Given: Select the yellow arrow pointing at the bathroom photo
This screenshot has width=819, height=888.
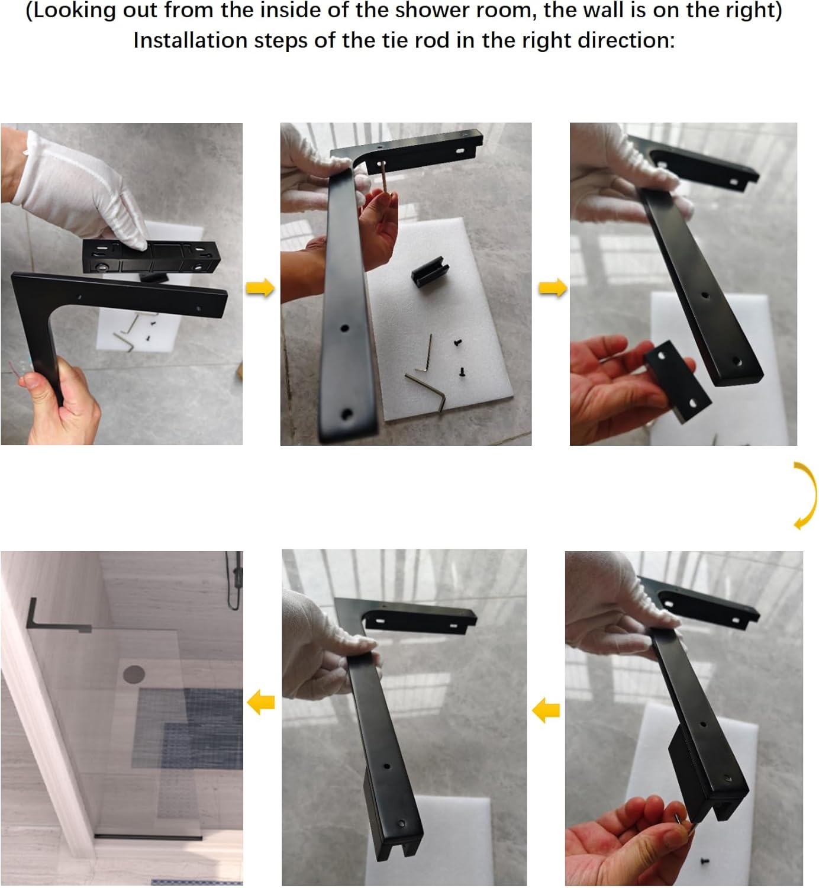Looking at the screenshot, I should coord(260,702).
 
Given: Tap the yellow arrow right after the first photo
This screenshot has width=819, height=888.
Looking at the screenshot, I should coord(260,288).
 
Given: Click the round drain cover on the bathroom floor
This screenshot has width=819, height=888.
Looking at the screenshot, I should coord(134,674).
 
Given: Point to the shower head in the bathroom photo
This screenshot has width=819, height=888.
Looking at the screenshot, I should coord(236,580).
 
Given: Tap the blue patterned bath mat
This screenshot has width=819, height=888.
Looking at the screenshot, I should coord(189,728).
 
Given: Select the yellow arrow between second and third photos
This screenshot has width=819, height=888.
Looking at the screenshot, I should coord(552,288).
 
